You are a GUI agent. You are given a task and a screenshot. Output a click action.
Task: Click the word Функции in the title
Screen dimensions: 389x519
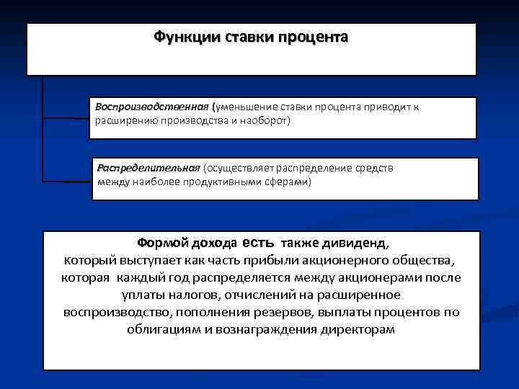pos(179,37)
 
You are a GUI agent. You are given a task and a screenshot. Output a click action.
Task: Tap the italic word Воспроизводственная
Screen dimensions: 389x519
pos(151,107)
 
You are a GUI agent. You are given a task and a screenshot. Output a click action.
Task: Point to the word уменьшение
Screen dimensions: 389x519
pos(246,107)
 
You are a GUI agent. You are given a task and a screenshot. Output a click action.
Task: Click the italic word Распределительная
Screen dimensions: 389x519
pos(148,168)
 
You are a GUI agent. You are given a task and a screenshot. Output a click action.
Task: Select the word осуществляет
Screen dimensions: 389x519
pos(239,168)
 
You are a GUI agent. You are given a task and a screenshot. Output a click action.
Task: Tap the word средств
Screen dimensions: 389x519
pos(376,168)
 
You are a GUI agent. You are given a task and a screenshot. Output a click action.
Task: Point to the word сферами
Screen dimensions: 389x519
pos(285,182)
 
